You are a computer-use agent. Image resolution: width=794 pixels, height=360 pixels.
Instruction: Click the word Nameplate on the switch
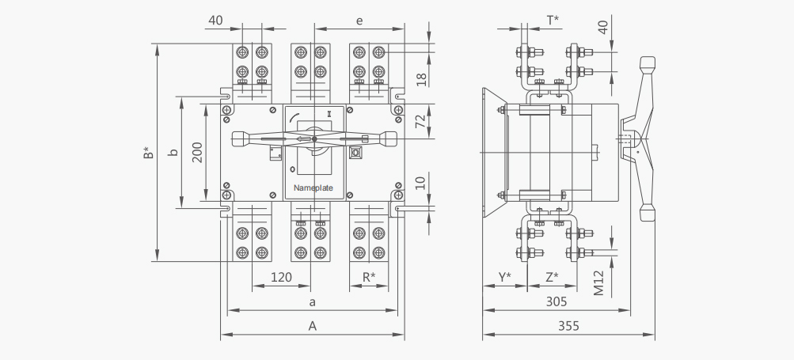click(313, 188)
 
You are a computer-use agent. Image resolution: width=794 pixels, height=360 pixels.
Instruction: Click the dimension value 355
click(568, 325)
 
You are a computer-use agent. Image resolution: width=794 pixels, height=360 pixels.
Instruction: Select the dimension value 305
click(557, 301)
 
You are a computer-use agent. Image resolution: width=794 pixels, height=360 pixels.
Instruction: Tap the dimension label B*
click(148, 153)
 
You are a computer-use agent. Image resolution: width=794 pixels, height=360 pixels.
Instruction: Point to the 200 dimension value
click(197, 153)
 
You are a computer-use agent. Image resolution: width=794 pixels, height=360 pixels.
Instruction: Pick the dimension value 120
click(281, 278)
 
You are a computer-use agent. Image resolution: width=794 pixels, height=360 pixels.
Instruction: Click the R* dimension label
click(369, 277)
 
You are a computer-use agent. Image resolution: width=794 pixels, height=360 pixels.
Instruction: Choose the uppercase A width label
click(313, 325)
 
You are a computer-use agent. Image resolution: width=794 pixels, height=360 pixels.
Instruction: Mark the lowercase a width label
click(313, 302)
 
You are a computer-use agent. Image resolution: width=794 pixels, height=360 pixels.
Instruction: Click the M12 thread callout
click(599, 283)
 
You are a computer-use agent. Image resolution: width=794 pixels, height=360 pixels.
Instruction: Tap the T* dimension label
click(553, 21)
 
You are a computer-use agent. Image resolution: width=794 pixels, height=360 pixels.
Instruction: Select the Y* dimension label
click(505, 277)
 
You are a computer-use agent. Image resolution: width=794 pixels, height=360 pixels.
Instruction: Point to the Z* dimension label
click(552, 277)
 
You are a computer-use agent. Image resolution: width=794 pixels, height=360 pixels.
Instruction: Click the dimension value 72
click(421, 122)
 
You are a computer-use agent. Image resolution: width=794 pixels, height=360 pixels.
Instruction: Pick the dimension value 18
click(421, 79)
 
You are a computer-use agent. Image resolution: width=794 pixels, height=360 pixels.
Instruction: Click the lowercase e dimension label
click(359, 21)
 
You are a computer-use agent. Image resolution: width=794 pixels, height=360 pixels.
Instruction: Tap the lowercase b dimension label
click(173, 152)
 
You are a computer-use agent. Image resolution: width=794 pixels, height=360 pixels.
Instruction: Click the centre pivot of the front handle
click(314, 138)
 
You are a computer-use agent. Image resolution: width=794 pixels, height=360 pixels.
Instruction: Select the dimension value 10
click(421, 182)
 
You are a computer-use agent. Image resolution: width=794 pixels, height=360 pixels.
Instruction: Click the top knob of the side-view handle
click(647, 63)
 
